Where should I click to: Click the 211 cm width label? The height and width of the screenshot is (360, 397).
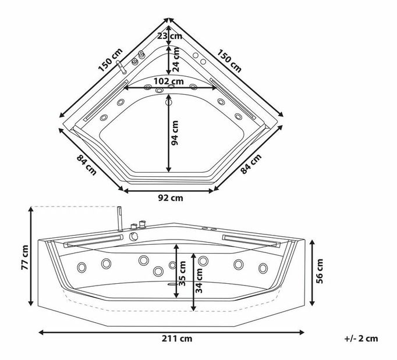tap(177, 338)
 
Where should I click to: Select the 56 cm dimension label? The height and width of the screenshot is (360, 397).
tap(320, 271)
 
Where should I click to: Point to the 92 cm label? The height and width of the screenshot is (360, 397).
tap(171, 198)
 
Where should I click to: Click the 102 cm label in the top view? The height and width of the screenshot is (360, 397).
tap(169, 81)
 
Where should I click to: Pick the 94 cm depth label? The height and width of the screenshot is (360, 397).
tap(175, 133)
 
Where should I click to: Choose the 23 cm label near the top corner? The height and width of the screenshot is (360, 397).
tap(169, 36)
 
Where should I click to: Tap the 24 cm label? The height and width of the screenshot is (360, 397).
tap(176, 60)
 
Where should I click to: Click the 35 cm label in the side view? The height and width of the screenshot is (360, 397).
tap(182, 274)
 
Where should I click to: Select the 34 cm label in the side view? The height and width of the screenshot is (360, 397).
tap(199, 281)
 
